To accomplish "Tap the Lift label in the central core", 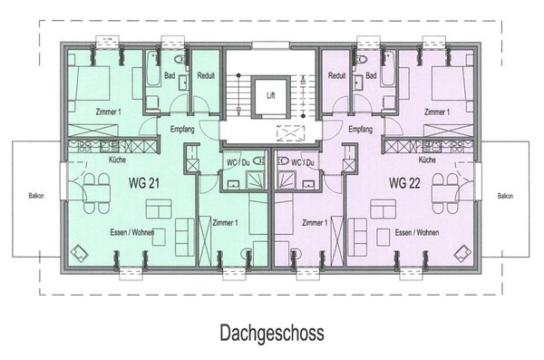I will tap(271, 94).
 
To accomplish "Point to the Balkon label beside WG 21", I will tap(34, 195).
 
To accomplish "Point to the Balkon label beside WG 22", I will tap(506, 195).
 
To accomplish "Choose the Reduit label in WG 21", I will tap(205, 77).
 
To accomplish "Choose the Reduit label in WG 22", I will tap(337, 77).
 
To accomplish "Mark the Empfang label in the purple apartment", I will tap(360, 130).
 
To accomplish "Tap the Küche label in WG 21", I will tap(118, 160).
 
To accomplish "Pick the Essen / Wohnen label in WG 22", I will tap(417, 232).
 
